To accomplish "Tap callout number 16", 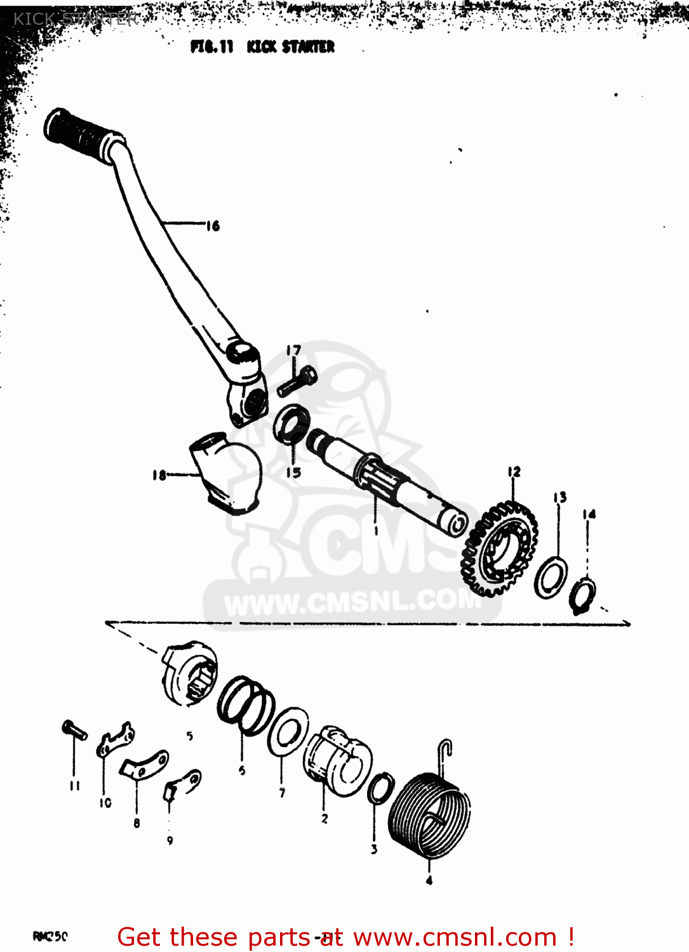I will point(213,226).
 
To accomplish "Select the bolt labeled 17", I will point(296,381).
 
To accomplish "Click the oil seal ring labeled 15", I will point(291,423).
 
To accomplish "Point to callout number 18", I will point(159,475).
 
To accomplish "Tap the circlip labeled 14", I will point(582,595).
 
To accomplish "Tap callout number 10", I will point(105,803).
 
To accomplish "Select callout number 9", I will point(170,840).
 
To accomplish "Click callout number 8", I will point(137,823).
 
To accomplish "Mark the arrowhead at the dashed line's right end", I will point(626,623).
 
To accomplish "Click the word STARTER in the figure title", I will point(308,47).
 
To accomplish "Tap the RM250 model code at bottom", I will point(50,936).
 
